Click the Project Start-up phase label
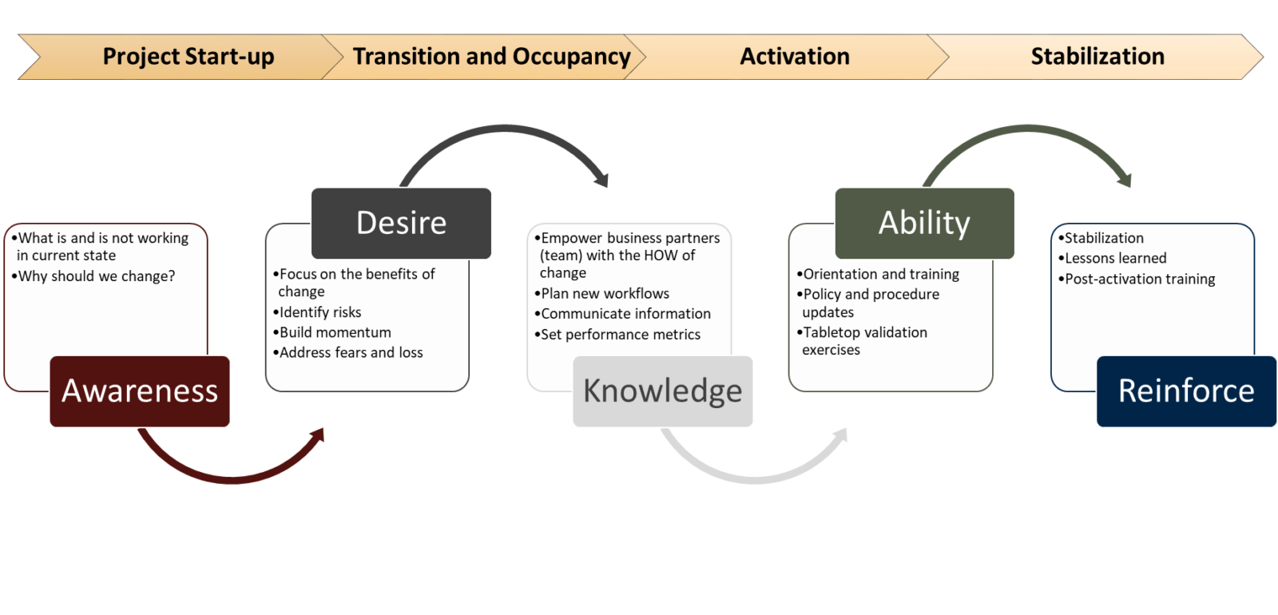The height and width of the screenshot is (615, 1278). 189,57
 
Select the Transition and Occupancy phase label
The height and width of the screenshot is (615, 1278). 491,57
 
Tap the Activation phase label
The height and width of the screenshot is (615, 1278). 794,57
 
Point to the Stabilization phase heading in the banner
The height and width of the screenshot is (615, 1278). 1097,57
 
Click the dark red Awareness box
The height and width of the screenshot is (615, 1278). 140,391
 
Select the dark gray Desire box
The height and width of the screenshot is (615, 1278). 401,223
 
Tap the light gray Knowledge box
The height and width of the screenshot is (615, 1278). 662,391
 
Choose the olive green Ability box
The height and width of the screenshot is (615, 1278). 924,223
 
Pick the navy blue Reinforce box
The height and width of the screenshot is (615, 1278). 1185,391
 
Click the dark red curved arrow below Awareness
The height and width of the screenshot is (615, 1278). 232,475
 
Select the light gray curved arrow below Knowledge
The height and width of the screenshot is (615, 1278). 755,476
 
